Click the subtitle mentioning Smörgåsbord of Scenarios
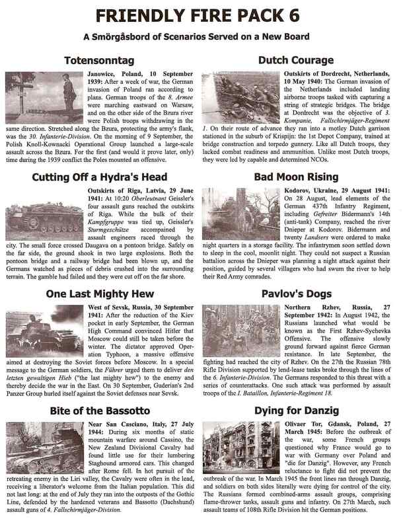(201, 38)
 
